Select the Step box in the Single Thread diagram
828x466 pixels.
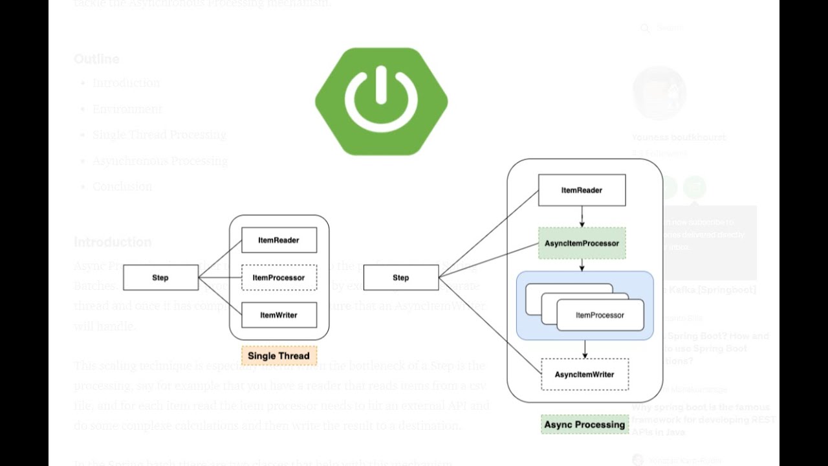160,278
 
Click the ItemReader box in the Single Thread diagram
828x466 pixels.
279,240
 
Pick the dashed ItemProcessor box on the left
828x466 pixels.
279,278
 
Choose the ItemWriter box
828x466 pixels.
279,315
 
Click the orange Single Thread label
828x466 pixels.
279,355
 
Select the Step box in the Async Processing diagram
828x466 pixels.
401,278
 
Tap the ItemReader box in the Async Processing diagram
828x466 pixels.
582,190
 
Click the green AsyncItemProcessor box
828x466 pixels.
582,243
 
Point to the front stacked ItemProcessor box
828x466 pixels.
600,315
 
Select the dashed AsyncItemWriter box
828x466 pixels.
584,374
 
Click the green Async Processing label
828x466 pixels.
584,425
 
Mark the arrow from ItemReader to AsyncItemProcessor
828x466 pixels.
582,216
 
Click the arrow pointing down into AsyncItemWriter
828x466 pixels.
585,349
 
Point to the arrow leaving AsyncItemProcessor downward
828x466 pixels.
582,265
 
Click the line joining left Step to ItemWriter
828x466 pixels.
220,296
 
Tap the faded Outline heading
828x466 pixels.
96,59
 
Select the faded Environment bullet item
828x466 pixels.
127,109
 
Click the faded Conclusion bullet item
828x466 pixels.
122,186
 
